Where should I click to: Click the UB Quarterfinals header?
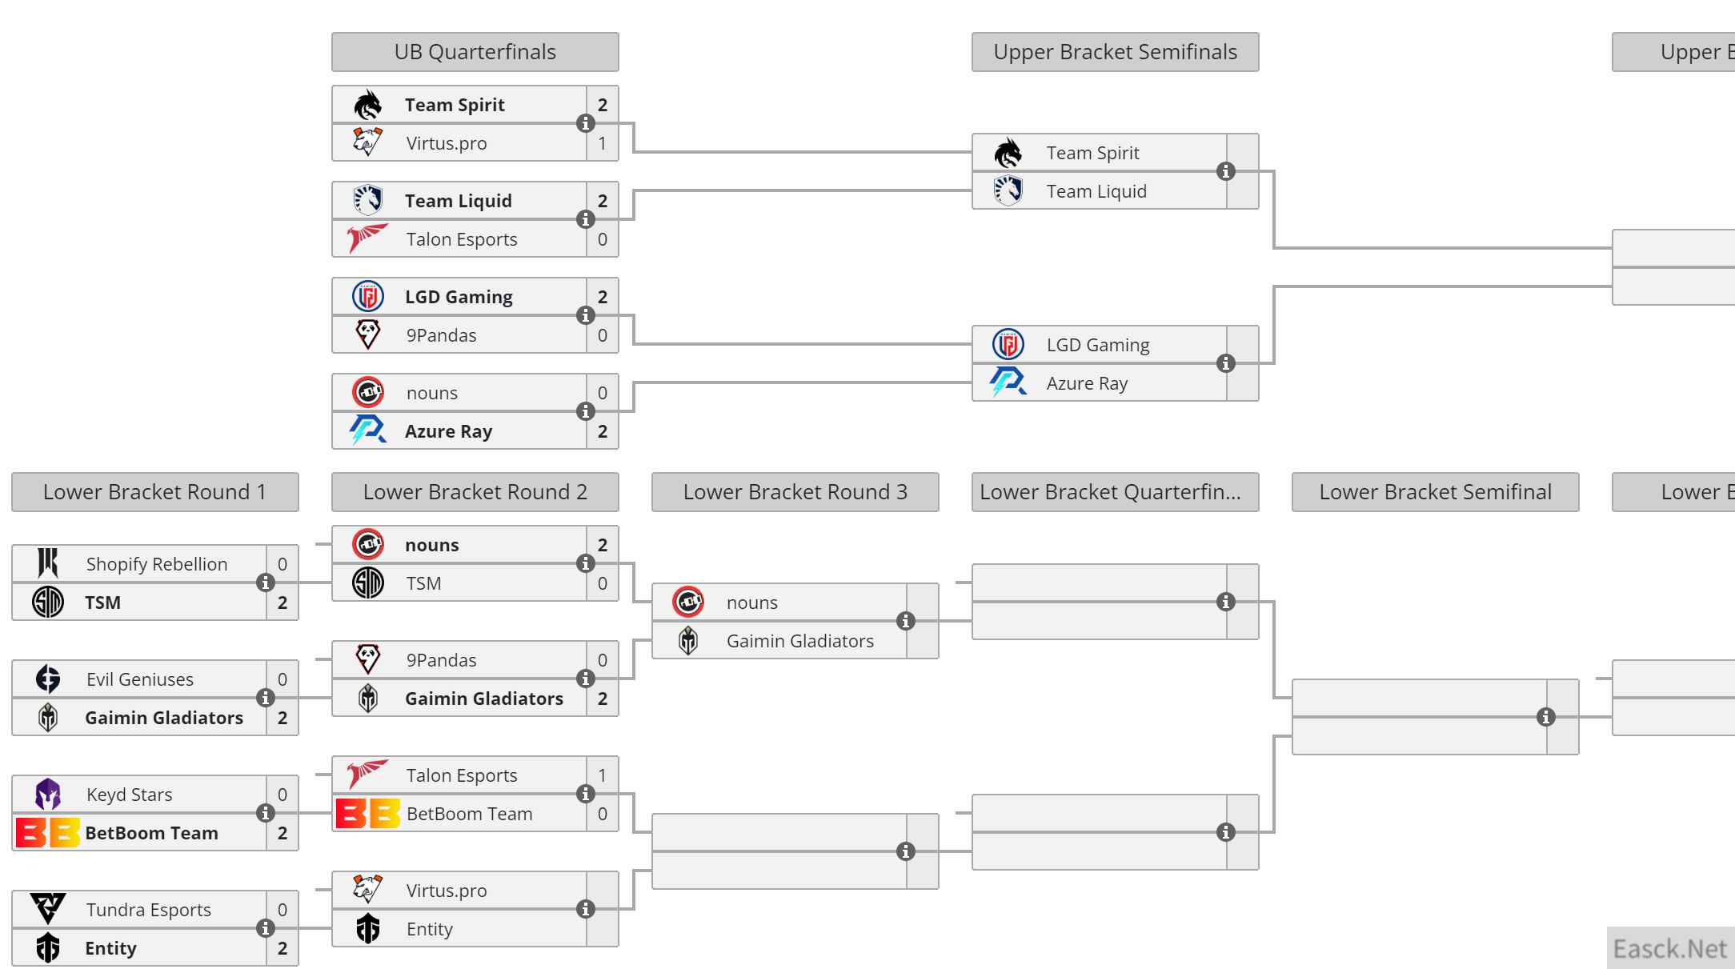475,52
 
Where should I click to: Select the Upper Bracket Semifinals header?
1115,52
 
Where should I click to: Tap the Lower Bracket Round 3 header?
795,492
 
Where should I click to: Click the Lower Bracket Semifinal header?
1435,492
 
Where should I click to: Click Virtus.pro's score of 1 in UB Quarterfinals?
603,144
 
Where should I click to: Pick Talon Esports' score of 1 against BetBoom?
603,775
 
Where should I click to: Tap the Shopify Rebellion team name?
157,564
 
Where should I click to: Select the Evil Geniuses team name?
140,679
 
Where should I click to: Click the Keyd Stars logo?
48,795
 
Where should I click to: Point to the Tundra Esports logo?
48,909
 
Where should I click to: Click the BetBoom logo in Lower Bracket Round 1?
48,833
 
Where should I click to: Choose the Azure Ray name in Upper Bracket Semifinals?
1087,383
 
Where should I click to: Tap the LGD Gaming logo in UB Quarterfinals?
368,297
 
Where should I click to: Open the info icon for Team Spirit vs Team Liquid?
1225,171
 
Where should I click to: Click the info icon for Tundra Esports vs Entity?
265,928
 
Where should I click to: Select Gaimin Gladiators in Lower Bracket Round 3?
799,641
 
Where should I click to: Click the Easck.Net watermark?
1669,949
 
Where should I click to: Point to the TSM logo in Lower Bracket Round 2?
368,583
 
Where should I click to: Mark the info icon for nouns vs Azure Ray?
585,411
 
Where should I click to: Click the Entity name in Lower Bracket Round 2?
429,929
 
